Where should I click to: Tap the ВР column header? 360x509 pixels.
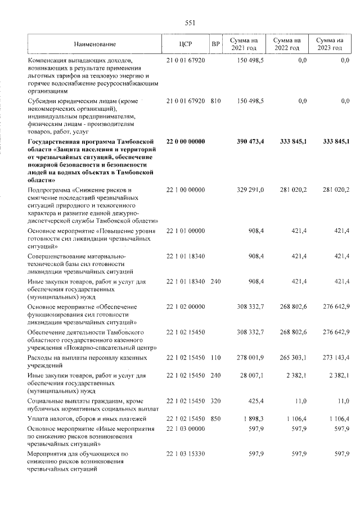(x=215, y=44)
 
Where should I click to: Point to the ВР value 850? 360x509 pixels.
(x=215, y=419)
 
